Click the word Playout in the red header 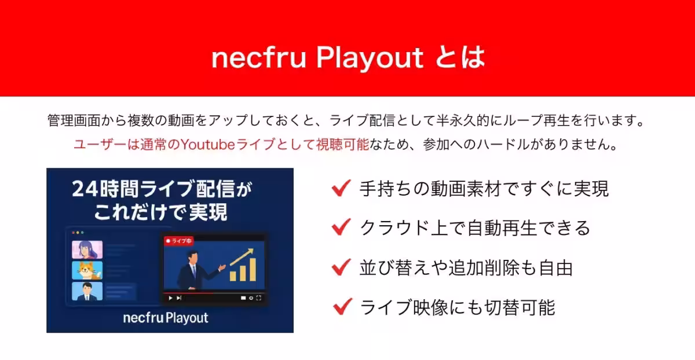[370, 58]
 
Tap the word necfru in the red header [258, 58]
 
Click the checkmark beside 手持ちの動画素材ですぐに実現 [341, 188]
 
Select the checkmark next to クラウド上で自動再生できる [341, 227]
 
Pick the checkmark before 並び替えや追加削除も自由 [341, 267]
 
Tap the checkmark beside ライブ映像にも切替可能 [342, 306]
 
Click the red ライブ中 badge [179, 241]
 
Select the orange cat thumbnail [87, 270]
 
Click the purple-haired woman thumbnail [87, 249]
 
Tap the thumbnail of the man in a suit [87, 291]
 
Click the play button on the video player [170, 298]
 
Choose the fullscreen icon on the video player [259, 298]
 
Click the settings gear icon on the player [251, 298]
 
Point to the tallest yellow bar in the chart [253, 270]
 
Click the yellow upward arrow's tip [253, 249]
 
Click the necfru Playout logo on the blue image [166, 318]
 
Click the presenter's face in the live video [193, 258]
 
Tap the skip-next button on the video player [179, 298]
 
